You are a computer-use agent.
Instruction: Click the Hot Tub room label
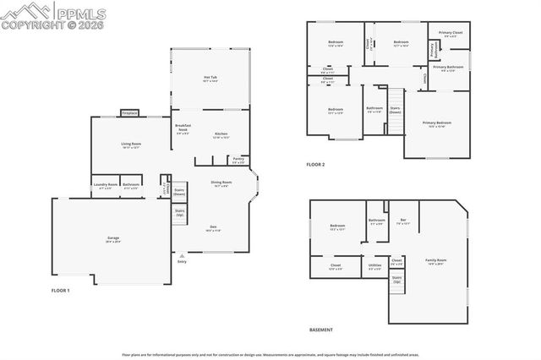pyautogui.click(x=210, y=79)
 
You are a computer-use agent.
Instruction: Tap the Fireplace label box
pyautogui.click(x=129, y=112)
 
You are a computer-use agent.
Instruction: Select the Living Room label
pyautogui.click(x=129, y=145)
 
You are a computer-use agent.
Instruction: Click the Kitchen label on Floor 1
pyautogui.click(x=221, y=134)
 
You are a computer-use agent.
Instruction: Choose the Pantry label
pyautogui.click(x=238, y=159)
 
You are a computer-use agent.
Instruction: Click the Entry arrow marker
pyautogui.click(x=181, y=254)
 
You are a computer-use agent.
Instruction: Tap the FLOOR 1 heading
pyautogui.click(x=60, y=290)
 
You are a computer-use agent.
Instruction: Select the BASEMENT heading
pyautogui.click(x=320, y=330)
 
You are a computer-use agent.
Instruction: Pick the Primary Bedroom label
pyautogui.click(x=437, y=123)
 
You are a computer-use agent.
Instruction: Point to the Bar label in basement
pyautogui.click(x=403, y=221)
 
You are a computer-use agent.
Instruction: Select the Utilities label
pyautogui.click(x=374, y=266)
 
